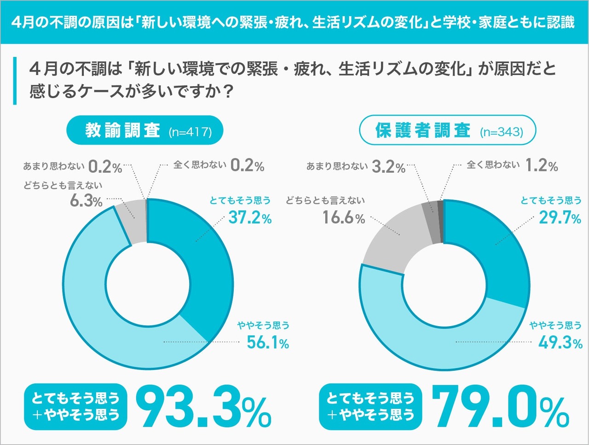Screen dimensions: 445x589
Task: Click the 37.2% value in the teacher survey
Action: tap(250, 217)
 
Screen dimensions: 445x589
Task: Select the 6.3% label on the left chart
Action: tap(86, 201)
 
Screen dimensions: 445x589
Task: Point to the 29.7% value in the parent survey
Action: tap(560, 217)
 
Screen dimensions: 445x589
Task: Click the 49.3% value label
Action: tap(560, 343)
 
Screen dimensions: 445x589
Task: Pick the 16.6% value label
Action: tap(343, 217)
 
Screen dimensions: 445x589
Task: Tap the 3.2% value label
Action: tap(388, 167)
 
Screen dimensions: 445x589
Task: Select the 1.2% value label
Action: tap(542, 165)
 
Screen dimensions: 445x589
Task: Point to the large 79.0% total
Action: tap(500, 407)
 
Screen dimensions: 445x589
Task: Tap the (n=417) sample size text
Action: tap(190, 132)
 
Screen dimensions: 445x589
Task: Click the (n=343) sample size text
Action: tap(502, 132)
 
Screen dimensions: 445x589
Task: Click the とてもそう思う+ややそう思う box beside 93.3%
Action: tap(75, 407)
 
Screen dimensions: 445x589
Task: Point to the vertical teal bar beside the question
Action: tap(15, 81)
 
